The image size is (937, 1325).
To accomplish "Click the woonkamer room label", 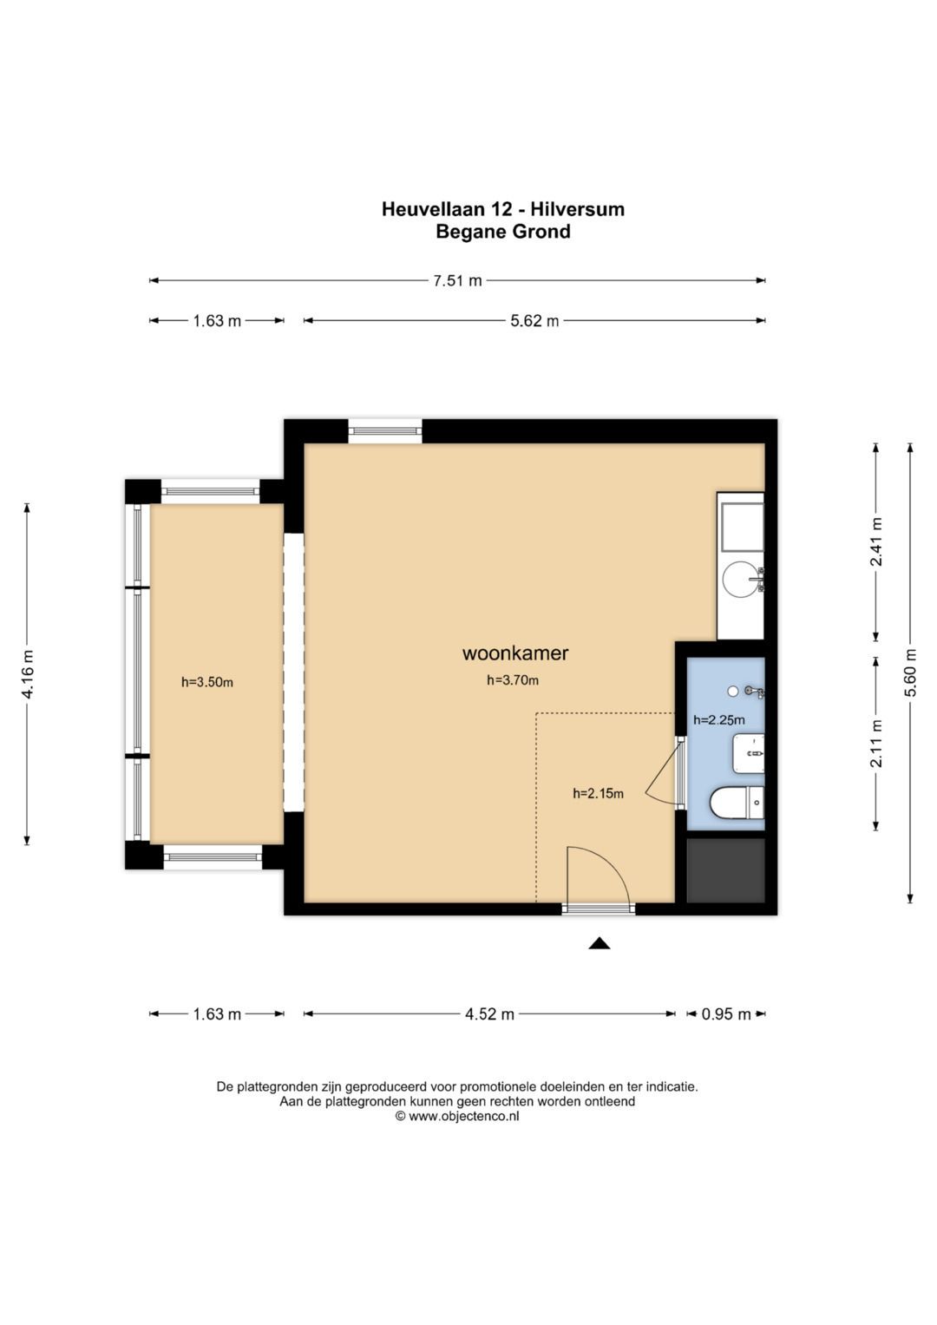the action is [x=514, y=653].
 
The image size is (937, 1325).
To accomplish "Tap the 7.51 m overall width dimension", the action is [x=457, y=280].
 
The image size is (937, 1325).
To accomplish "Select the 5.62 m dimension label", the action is [x=534, y=320].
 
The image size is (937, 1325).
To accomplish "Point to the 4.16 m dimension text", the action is [x=28, y=673].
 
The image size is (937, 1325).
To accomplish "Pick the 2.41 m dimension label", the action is [x=876, y=541].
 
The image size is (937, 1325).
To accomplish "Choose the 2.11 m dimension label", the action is [x=876, y=744].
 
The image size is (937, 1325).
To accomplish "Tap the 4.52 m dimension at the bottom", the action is [x=489, y=1014].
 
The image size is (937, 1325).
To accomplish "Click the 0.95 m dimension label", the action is [x=726, y=1014].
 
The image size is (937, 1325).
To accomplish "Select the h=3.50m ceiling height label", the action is [x=207, y=682].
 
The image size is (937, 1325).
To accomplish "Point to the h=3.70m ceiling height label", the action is [x=512, y=680].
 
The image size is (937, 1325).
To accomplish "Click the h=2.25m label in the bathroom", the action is [x=718, y=720].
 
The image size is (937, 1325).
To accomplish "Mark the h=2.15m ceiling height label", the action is [x=598, y=793].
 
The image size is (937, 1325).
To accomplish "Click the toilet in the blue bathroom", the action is [x=737, y=802].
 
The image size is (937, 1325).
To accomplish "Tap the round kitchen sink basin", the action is [x=740, y=579].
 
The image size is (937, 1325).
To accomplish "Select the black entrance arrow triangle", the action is [x=599, y=943].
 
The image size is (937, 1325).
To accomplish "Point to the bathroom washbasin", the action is [x=748, y=753].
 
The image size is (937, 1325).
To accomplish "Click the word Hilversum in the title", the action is [x=577, y=209].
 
